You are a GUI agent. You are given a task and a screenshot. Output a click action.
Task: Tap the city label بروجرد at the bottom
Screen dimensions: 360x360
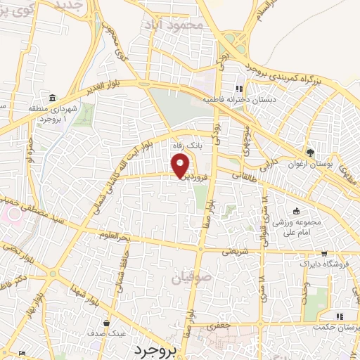coord(153,349)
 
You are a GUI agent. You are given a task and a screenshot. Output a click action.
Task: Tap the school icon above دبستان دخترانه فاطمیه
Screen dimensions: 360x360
coord(239,89)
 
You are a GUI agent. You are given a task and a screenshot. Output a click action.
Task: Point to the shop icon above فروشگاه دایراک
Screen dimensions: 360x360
coord(323,253)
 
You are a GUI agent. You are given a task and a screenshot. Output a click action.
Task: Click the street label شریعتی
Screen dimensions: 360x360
coord(238,250)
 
